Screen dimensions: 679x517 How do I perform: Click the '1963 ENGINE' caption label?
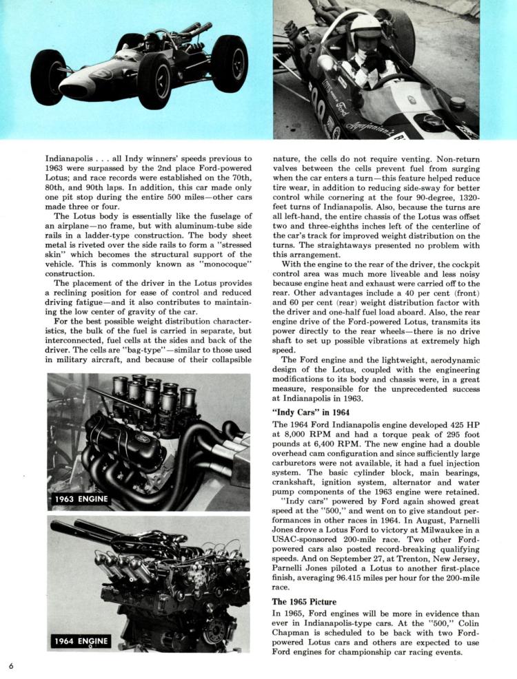pyautogui.click(x=79, y=499)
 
